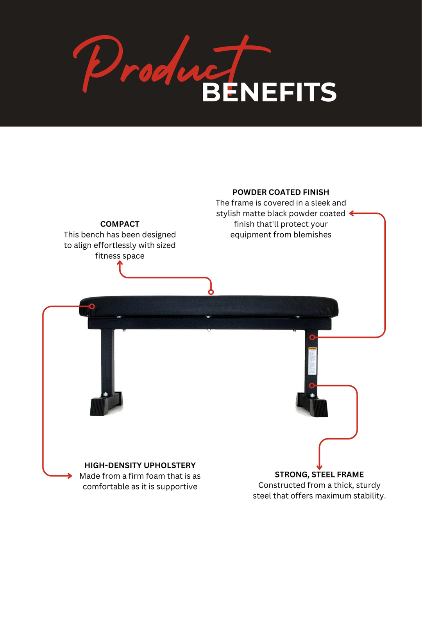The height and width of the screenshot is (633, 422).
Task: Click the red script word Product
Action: [x=156, y=63]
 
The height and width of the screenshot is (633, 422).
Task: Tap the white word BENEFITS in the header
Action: [x=269, y=93]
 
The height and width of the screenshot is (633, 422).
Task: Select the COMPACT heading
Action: [x=120, y=224]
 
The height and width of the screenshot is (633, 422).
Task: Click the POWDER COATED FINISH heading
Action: [x=281, y=192]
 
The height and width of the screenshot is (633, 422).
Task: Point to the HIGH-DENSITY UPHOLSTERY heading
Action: [x=140, y=465]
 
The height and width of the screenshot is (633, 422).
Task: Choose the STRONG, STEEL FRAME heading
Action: [x=319, y=474]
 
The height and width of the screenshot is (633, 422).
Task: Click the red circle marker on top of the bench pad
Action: [x=211, y=292]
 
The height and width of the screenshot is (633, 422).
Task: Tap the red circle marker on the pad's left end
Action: [x=92, y=306]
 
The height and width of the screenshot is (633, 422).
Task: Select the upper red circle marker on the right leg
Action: [x=312, y=337]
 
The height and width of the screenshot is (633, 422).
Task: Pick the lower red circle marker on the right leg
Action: [x=311, y=386]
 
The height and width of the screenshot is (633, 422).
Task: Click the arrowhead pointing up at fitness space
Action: [x=120, y=263]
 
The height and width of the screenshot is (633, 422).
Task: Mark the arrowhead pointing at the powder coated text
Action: [x=352, y=213]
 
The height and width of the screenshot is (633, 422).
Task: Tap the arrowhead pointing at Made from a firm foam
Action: [x=70, y=476]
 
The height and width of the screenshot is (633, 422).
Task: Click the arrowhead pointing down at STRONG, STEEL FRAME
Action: [x=319, y=467]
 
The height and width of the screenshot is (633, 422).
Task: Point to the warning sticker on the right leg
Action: [x=312, y=360]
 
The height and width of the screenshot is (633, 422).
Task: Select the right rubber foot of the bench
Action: [x=320, y=408]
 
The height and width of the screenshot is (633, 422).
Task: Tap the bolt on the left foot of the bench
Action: [x=105, y=394]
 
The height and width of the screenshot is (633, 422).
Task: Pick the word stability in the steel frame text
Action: [x=369, y=496]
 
